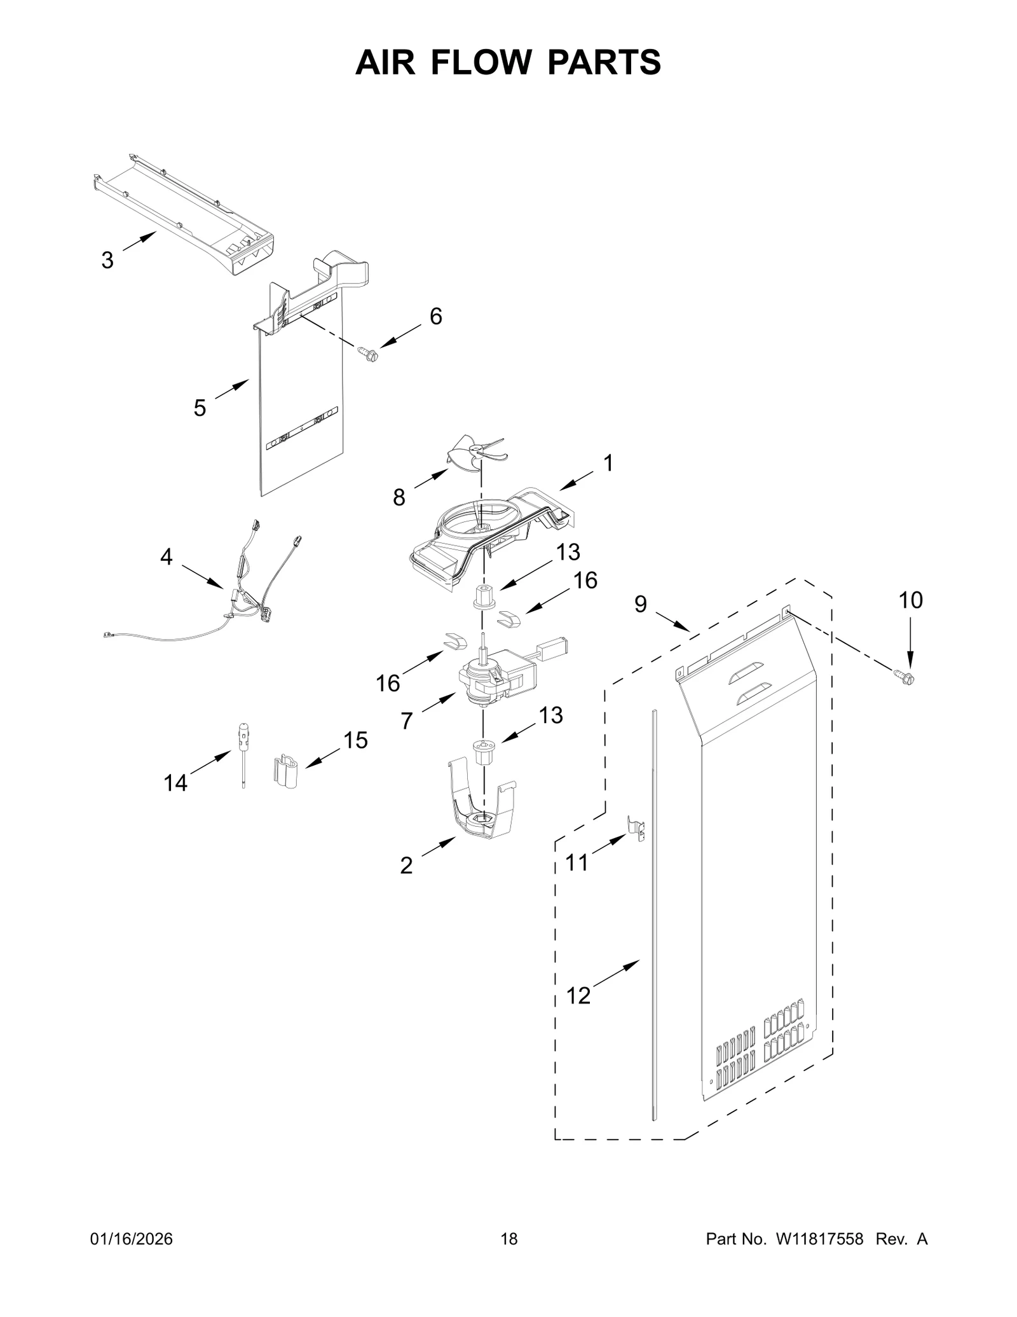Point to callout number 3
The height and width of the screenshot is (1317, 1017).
tap(107, 260)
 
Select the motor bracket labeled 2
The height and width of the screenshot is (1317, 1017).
tap(483, 811)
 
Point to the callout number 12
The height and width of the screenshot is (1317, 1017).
tap(578, 996)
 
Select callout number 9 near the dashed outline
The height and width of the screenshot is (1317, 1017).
tap(640, 604)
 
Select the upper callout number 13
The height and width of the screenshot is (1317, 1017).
tap(568, 552)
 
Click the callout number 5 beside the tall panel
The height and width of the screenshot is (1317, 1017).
tap(200, 408)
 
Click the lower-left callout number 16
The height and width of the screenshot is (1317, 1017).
tap(388, 684)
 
